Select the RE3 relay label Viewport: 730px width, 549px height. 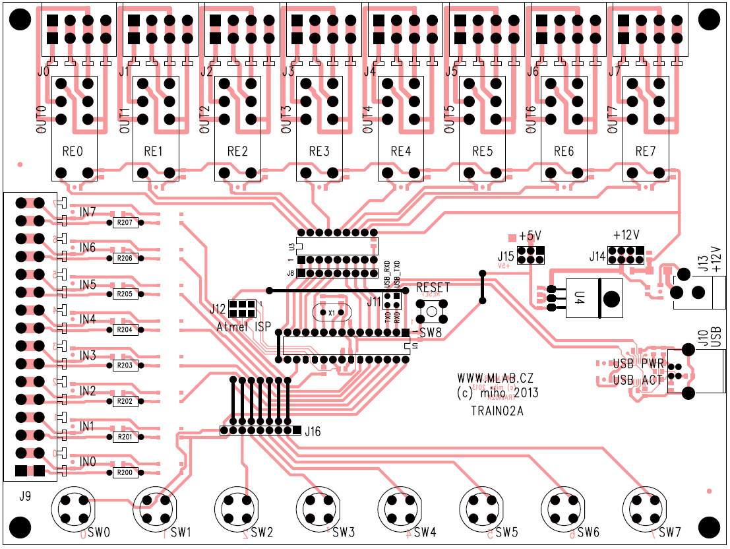pos(319,152)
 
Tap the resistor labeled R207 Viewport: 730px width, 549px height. pos(125,223)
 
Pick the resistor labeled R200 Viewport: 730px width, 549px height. pos(125,472)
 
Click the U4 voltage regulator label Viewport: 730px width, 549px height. pos(580,299)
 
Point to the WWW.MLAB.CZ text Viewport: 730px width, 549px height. pos(495,378)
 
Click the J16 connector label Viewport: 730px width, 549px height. pos(313,432)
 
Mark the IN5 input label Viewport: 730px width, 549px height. pos(88,285)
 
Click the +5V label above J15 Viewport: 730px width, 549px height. pos(530,236)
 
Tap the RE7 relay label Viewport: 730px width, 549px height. pos(646,152)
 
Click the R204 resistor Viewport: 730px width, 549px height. pos(125,330)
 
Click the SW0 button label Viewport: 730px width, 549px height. pos(99,532)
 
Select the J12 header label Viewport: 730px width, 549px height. pos(218,308)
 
